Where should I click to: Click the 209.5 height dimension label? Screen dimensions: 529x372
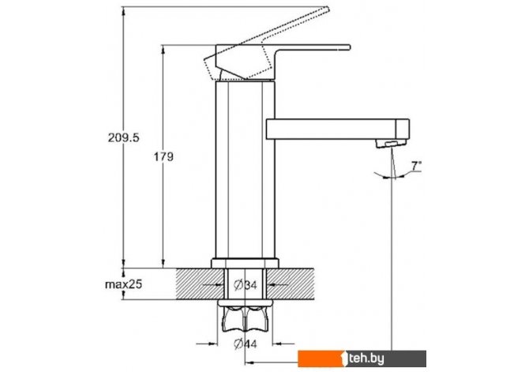pyautogui.click(x=123, y=137)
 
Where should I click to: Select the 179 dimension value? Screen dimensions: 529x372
pyautogui.click(x=163, y=156)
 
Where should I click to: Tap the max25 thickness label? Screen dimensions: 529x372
pyautogui.click(x=123, y=284)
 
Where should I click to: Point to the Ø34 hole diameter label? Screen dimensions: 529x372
pyautogui.click(x=246, y=285)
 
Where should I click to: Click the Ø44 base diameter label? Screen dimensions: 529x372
pyautogui.click(x=246, y=344)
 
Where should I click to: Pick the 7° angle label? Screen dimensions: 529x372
pyautogui.click(x=416, y=166)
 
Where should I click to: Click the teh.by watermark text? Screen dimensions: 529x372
pyautogui.click(x=366, y=359)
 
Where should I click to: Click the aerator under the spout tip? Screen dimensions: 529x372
pyautogui.click(x=391, y=143)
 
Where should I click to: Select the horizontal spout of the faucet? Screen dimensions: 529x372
pyautogui.click(x=337, y=129)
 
